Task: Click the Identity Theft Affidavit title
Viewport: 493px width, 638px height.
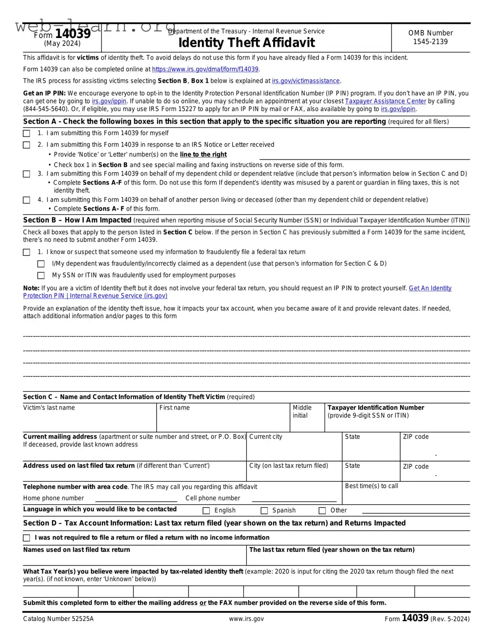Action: (246, 43)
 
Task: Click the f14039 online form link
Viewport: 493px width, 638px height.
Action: (205, 69)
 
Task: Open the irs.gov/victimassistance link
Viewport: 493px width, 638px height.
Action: (306, 81)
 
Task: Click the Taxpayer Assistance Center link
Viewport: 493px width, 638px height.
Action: (385, 101)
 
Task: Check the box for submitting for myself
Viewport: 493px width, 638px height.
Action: (26, 133)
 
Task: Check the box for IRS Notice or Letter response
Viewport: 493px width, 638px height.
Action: (26, 145)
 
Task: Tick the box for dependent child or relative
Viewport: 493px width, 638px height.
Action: (26, 174)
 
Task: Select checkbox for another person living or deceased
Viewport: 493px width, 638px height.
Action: (26, 200)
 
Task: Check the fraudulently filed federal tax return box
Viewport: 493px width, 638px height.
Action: (26, 252)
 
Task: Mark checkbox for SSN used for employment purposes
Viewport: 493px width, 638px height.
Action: (41, 275)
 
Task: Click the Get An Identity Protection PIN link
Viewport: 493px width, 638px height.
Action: (430, 288)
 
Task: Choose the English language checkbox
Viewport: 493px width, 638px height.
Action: (206, 511)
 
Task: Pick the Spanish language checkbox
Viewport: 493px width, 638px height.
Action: (264, 511)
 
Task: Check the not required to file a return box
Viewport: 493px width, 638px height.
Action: (26, 538)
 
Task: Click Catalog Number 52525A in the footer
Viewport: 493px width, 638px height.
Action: (58, 619)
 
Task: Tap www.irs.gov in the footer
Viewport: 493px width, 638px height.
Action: (246, 619)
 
